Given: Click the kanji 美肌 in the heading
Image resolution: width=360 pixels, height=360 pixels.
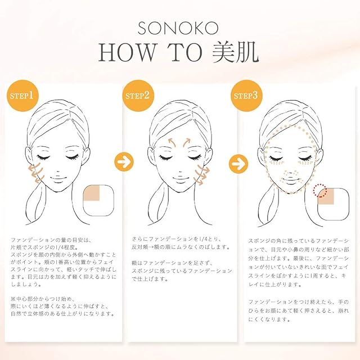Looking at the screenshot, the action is pyautogui.click(x=236, y=52).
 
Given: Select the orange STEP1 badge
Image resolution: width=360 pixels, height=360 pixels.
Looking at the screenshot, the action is pyautogui.click(x=22, y=96).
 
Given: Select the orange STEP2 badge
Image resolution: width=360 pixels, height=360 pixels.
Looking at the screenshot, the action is pyautogui.click(x=138, y=96).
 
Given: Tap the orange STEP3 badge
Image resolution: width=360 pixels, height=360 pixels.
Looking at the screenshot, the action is pyautogui.click(x=246, y=96).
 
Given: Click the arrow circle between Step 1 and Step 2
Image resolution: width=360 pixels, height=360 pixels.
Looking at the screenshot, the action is pyautogui.click(x=124, y=162).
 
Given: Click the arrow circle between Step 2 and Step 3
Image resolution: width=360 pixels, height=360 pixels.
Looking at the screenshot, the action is pyautogui.click(x=238, y=164).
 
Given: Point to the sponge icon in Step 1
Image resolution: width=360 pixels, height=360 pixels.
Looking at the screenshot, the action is pyautogui.click(x=98, y=200).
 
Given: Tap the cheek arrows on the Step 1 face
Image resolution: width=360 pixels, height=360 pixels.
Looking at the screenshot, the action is pyautogui.click(x=36, y=172).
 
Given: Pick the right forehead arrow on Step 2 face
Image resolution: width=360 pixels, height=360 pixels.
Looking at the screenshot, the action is pyautogui.click(x=186, y=142).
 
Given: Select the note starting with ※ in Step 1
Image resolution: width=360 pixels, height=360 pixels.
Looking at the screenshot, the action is pyautogui.click(x=62, y=306).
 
